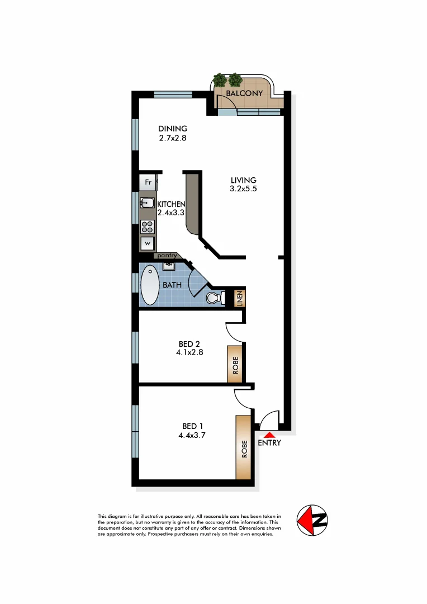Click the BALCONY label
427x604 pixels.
coord(244,93)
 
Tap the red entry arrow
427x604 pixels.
coord(269,435)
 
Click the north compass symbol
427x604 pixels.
coord(312,521)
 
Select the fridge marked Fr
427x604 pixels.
coord(148,182)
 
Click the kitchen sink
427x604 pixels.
coord(147,203)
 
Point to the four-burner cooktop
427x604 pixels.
coord(148,226)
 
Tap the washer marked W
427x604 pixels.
coord(148,243)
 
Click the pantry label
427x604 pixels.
coord(167,256)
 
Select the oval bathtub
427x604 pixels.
coord(150,285)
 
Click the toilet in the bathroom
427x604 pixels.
coord(215,298)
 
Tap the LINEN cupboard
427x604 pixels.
coord(238,299)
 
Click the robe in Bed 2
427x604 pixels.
coord(235,364)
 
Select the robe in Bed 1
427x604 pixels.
coord(243,447)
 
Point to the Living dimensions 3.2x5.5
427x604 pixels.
coord(243,189)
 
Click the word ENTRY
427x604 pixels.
coord(269,443)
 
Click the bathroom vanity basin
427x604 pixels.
coord(168,266)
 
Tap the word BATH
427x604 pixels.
coord(172,285)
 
